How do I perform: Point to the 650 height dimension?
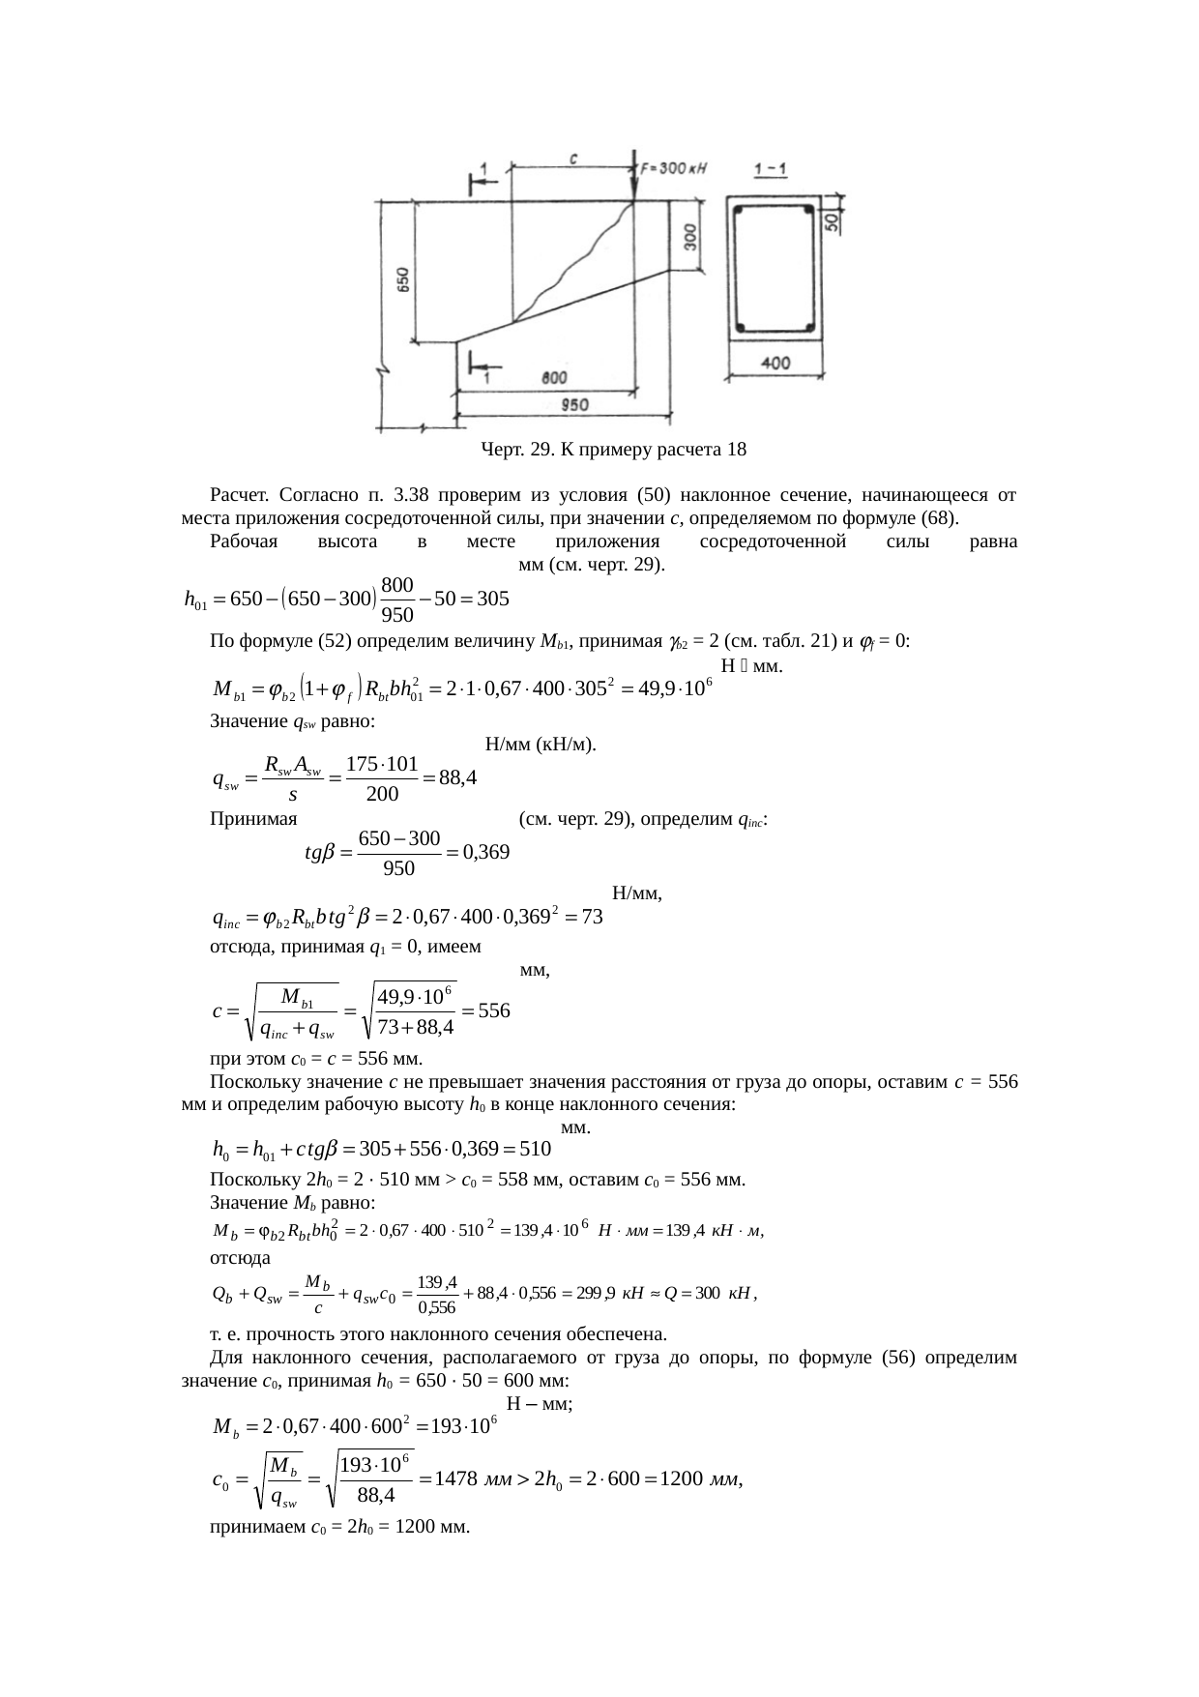(402, 279)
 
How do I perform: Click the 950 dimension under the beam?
(576, 406)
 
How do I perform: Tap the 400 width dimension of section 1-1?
(775, 364)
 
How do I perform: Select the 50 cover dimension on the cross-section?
(831, 221)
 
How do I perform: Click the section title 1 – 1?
(771, 170)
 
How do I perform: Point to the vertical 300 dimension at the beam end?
(690, 238)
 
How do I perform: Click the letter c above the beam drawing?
(573, 159)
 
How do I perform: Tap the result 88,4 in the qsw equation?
(457, 777)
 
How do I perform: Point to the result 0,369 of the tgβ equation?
(485, 853)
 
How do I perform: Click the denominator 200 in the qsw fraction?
(381, 795)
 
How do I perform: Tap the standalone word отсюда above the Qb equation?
(240, 1258)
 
